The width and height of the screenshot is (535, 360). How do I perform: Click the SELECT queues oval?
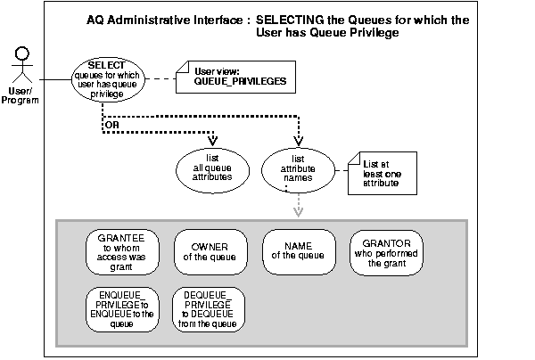106,79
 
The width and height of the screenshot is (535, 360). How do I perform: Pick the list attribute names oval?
297,166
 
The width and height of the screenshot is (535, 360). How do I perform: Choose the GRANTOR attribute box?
385,252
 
